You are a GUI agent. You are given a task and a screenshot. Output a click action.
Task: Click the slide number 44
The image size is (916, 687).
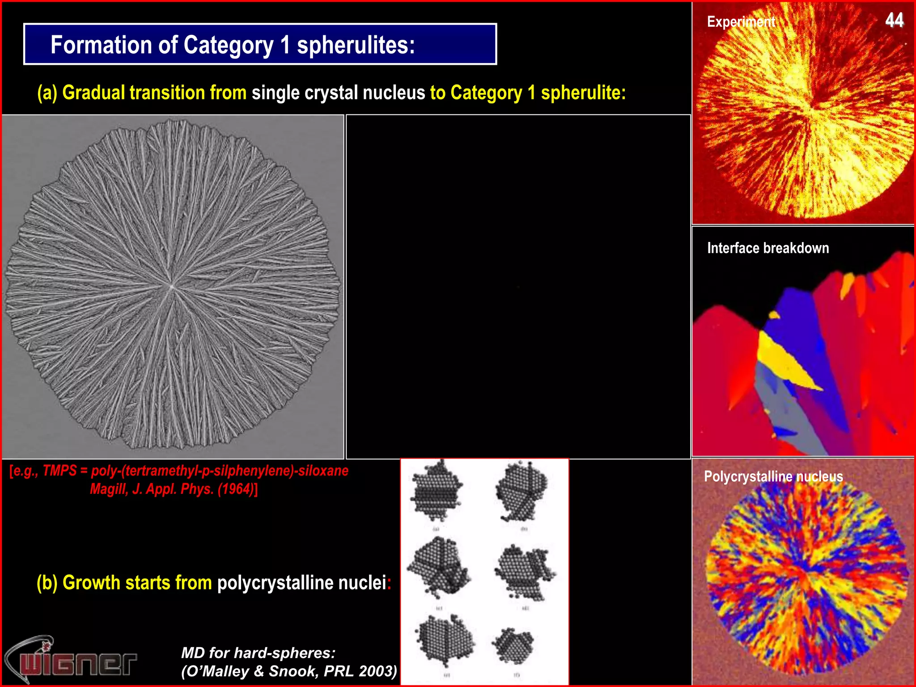pyautogui.click(x=894, y=21)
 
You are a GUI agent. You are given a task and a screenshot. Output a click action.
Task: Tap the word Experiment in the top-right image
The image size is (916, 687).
pyautogui.click(x=741, y=22)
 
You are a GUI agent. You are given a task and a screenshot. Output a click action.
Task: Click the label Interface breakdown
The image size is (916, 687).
pyautogui.click(x=768, y=248)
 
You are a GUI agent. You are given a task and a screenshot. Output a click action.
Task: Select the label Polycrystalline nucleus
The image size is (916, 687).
pyautogui.click(x=773, y=476)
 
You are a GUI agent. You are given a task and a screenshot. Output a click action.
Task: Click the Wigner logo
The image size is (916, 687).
pyautogui.click(x=72, y=660)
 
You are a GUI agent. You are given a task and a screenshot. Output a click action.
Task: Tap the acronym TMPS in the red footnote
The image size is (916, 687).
pyautogui.click(x=59, y=471)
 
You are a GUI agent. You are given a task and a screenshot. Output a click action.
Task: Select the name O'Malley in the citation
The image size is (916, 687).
pyautogui.click(x=217, y=671)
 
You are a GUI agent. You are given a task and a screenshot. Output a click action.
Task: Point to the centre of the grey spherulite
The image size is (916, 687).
pyautogui.click(x=171, y=286)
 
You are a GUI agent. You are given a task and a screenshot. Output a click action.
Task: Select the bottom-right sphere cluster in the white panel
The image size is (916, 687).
pyautogui.click(x=513, y=646)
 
